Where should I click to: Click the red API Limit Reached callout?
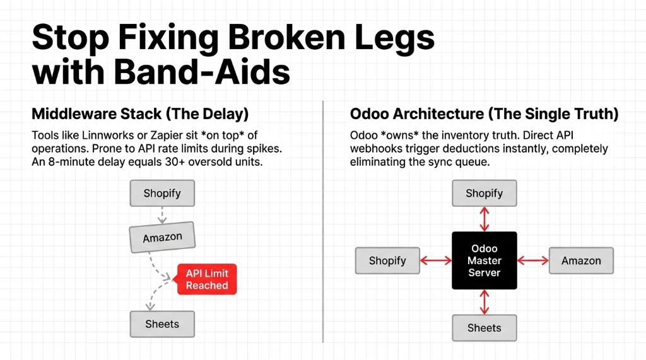coord(207,279)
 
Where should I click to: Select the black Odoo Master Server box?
coord(484,260)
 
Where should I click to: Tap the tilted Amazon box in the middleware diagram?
coord(162,238)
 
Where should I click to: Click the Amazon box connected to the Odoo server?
coord(581,260)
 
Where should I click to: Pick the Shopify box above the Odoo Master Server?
coord(484,193)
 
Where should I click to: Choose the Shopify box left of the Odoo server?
coord(387,260)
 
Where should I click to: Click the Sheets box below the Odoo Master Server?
coord(484,328)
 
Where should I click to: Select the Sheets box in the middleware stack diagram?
coord(162,324)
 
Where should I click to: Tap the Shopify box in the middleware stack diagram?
coord(162,193)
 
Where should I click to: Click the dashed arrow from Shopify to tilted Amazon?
coord(162,215)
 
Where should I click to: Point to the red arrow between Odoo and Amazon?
coord(532,260)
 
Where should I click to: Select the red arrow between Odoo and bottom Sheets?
coord(484,301)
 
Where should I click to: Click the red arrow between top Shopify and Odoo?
coord(484,219)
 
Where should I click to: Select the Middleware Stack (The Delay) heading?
coord(140,114)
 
